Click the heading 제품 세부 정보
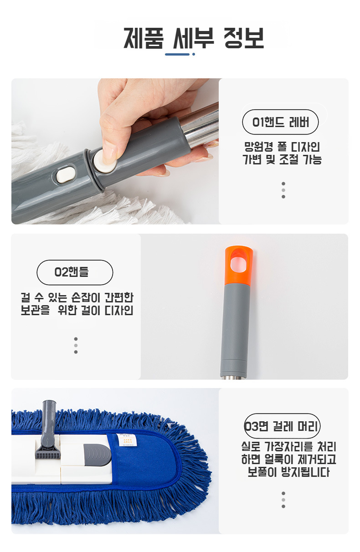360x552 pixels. pos(194,38)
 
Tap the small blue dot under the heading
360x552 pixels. pos(194,54)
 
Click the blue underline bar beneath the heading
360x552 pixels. pos(177,54)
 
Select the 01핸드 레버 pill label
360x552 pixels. pos(280,122)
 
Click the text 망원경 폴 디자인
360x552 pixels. pos(282,147)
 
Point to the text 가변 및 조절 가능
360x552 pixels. pos(282,159)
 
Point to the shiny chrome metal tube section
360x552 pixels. pos(200,125)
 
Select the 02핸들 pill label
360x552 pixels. pos(75,272)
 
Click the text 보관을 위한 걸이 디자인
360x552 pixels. pos(77,310)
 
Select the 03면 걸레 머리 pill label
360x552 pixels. pos(282,426)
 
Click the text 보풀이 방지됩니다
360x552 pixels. pos(288,472)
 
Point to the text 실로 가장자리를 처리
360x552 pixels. pos(289,446)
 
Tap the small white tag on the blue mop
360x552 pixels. pos(126,440)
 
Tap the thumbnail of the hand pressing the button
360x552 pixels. pos(115,151)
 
